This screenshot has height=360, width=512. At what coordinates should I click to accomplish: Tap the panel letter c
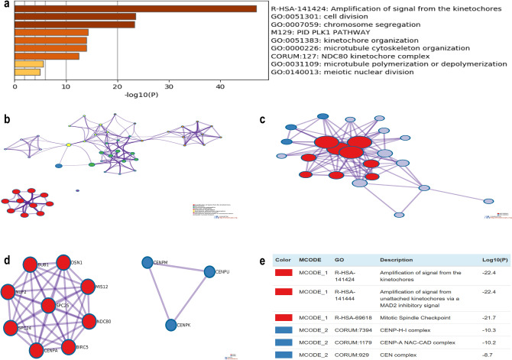click(x=263, y=120)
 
